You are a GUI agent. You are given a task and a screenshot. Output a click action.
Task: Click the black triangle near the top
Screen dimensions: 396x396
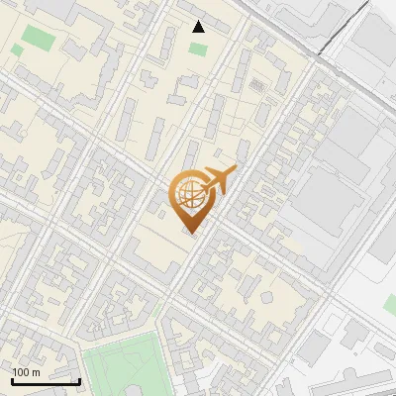pyautogui.click(x=199, y=27)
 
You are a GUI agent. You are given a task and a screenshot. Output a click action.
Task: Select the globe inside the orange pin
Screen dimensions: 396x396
pyautogui.click(x=190, y=194)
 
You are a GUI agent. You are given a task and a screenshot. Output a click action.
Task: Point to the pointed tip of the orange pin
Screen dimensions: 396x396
pyautogui.click(x=190, y=234)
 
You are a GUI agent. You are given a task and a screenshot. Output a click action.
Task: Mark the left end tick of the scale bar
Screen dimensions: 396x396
pyautogui.click(x=12, y=380)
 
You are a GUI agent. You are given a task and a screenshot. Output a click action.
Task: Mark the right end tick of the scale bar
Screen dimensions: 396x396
pyautogui.click(x=79, y=380)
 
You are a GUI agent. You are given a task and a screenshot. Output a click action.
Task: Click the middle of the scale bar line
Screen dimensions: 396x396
pyautogui.click(x=46, y=382)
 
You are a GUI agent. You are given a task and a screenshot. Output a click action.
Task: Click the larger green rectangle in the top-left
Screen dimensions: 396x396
pyautogui.click(x=40, y=38)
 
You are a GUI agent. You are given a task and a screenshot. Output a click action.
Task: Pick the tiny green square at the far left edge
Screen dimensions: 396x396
pyautogui.click(x=16, y=49)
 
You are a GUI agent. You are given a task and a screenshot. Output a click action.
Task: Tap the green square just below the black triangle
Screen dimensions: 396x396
pyautogui.click(x=199, y=48)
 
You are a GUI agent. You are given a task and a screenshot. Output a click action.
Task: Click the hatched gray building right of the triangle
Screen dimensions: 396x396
pyautogui.click(x=257, y=86)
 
